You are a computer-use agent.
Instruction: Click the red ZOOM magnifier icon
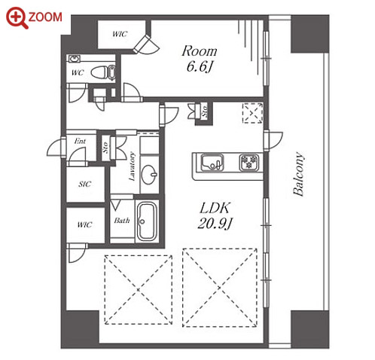coord(16,17)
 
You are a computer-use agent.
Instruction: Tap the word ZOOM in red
coord(45,17)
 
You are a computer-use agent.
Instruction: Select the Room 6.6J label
coord(200,59)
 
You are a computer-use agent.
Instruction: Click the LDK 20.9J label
coord(215,215)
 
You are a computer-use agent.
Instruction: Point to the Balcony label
coord(299,174)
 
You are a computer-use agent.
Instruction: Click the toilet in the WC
coord(103,72)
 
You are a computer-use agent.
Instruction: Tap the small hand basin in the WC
coord(75,59)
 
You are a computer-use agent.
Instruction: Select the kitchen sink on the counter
coord(212,163)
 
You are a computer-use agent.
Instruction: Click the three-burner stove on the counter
coord(249,163)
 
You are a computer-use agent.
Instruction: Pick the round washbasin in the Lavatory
coord(149,174)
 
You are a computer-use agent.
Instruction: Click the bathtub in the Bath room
coord(148,221)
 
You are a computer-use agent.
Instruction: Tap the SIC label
coord(84,184)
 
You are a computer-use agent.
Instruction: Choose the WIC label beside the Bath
coord(84,224)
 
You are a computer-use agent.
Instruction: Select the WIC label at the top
coord(120,34)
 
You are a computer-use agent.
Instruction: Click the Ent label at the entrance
coord(80,141)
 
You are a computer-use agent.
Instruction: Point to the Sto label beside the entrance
coord(105,148)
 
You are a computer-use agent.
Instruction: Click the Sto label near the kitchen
coord(205,111)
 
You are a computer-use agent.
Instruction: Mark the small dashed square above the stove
coord(252,113)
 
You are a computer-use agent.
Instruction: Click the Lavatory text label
coord(132,166)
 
